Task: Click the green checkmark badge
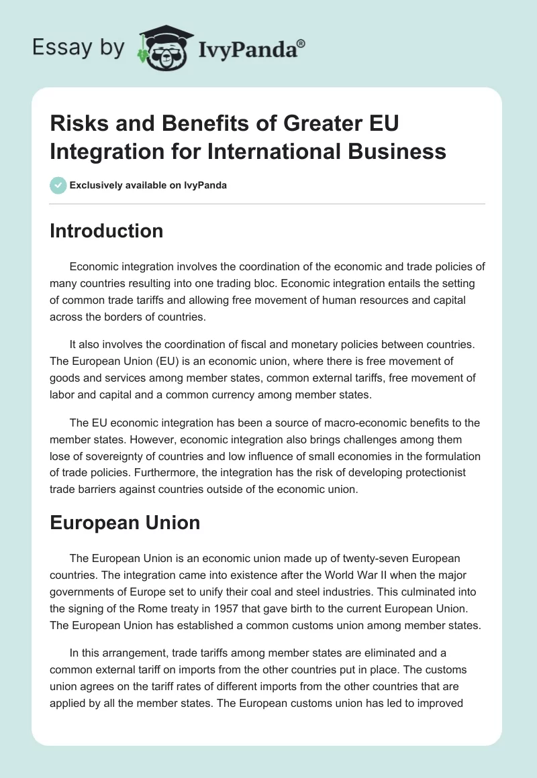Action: pyautogui.click(x=58, y=185)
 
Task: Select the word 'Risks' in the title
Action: pyautogui.click(x=77, y=125)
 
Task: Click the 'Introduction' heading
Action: pyautogui.click(x=107, y=231)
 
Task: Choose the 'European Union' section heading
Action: pyautogui.click(x=125, y=523)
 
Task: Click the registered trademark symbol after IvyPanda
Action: pyautogui.click(x=301, y=42)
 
